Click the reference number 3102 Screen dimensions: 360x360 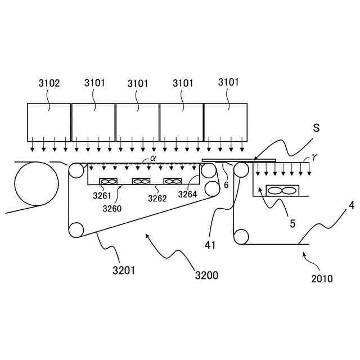pyautogui.click(x=49, y=83)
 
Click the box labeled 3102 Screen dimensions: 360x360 pyautogui.click(x=49, y=121)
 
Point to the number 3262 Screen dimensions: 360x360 pyautogui.click(x=157, y=198)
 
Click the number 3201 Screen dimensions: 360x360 pyautogui.click(x=123, y=269)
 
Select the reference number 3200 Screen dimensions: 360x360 pyautogui.click(x=206, y=276)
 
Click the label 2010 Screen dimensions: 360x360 pyautogui.click(x=322, y=278)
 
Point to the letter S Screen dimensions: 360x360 pyautogui.click(x=316, y=128)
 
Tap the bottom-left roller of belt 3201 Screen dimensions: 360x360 pyautogui.click(x=76, y=229)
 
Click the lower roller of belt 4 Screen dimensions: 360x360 pyautogui.click(x=241, y=236)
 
